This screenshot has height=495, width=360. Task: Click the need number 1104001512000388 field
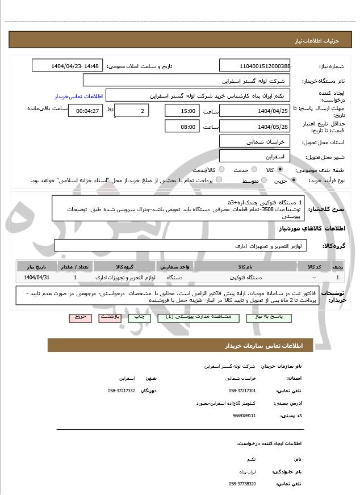click(x=254, y=66)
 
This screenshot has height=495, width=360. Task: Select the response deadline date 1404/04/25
click(x=254, y=111)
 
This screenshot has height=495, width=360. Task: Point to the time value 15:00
click(x=182, y=111)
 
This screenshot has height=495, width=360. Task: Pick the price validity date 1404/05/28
click(x=254, y=127)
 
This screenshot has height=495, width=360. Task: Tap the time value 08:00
click(x=182, y=127)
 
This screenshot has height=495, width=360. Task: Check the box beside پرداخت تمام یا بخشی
click(x=219, y=180)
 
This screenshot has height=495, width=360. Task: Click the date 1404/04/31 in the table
click(x=37, y=278)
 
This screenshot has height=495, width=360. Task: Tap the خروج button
click(x=79, y=316)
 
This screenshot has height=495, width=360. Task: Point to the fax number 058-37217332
click(x=122, y=391)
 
